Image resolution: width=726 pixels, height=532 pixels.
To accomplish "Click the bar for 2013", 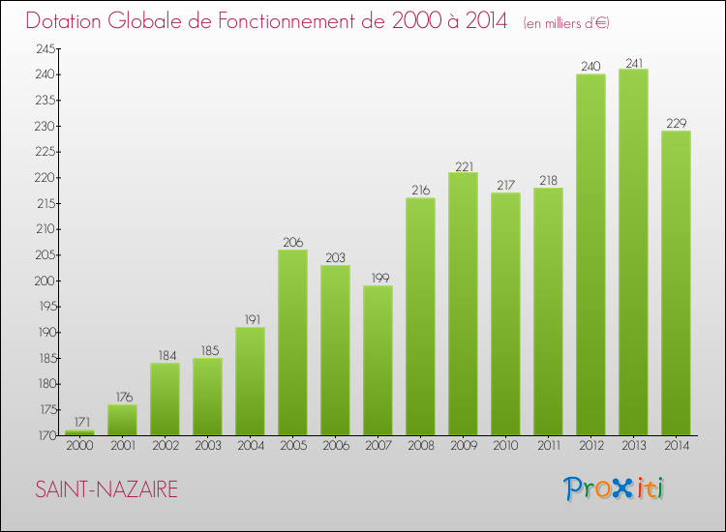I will coord(633,251).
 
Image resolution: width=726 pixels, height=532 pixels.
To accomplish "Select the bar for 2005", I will coord(292,342).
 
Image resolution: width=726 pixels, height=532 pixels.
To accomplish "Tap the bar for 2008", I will coord(420,316).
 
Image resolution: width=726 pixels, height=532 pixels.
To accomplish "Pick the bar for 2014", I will coord(676,282).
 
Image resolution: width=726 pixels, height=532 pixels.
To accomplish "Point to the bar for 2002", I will coord(165,399).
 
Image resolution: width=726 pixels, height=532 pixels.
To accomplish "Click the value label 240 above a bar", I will coord(590,67).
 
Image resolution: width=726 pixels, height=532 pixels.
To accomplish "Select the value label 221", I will coord(463,164).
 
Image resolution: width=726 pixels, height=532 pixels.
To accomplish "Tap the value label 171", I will coord(79,423).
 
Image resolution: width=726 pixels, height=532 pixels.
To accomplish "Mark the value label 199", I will coord(378,278).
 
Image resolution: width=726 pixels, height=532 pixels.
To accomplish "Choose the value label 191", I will coord(250,319).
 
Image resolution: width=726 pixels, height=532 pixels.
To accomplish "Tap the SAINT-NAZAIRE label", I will coord(106,489).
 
